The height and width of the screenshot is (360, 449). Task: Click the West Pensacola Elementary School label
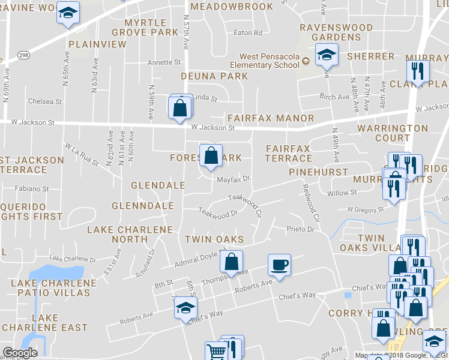click(x=270, y=61)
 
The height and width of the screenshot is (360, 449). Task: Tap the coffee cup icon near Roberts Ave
click(x=280, y=264)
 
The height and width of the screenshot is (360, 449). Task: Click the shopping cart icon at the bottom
click(x=215, y=351)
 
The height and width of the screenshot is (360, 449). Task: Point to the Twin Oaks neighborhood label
click(x=214, y=239)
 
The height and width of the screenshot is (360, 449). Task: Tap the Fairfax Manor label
click(x=270, y=118)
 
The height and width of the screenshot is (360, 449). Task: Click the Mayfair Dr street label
click(x=233, y=179)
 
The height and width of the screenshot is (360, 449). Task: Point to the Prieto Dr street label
click(x=301, y=229)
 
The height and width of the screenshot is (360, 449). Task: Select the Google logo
click(x=20, y=352)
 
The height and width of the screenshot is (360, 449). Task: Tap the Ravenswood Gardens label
click(x=330, y=32)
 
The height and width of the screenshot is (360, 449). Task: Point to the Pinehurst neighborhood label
click(x=318, y=172)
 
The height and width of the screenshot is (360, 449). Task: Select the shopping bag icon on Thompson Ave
click(x=231, y=262)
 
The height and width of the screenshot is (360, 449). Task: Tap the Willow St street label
click(x=342, y=193)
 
